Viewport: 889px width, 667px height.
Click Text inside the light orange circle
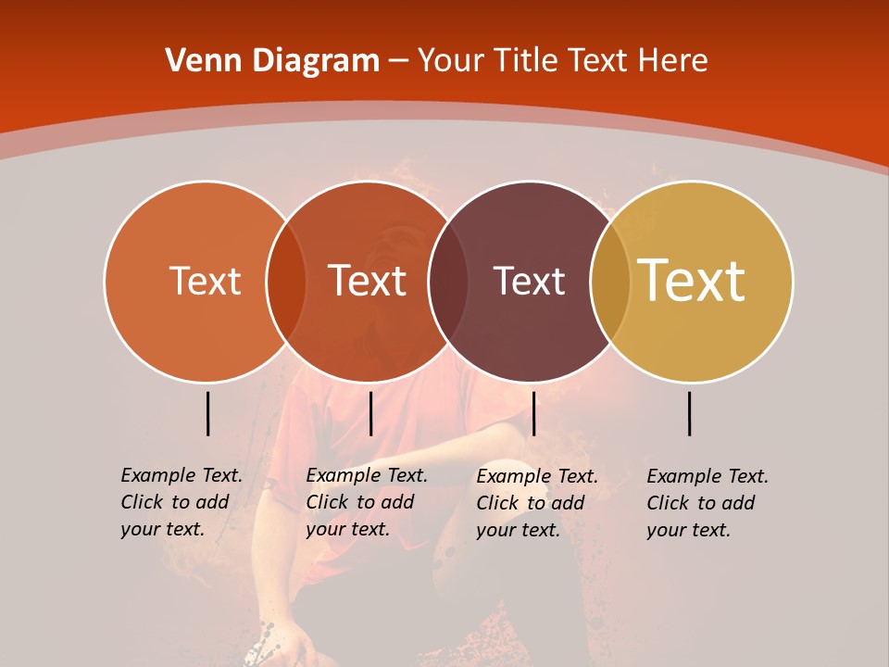(205, 281)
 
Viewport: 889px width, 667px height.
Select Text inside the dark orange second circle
(368, 281)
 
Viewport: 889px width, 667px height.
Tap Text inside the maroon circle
(529, 281)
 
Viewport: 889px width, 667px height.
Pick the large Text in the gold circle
(692, 281)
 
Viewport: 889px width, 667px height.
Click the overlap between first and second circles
(286, 281)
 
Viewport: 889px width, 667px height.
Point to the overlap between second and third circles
(448, 281)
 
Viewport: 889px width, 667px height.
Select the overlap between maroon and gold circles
(610, 281)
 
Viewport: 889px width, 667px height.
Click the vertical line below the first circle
(207, 413)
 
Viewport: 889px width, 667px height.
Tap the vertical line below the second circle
(370, 413)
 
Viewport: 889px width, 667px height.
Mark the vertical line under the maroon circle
(533, 413)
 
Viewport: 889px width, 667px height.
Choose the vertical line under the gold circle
(690, 413)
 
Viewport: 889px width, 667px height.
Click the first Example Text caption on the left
(181, 502)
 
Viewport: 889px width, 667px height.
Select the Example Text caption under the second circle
(366, 502)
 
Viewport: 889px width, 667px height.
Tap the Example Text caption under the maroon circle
(536, 503)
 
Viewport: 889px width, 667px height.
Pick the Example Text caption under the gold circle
(707, 503)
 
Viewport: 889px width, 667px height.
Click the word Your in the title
(450, 61)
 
